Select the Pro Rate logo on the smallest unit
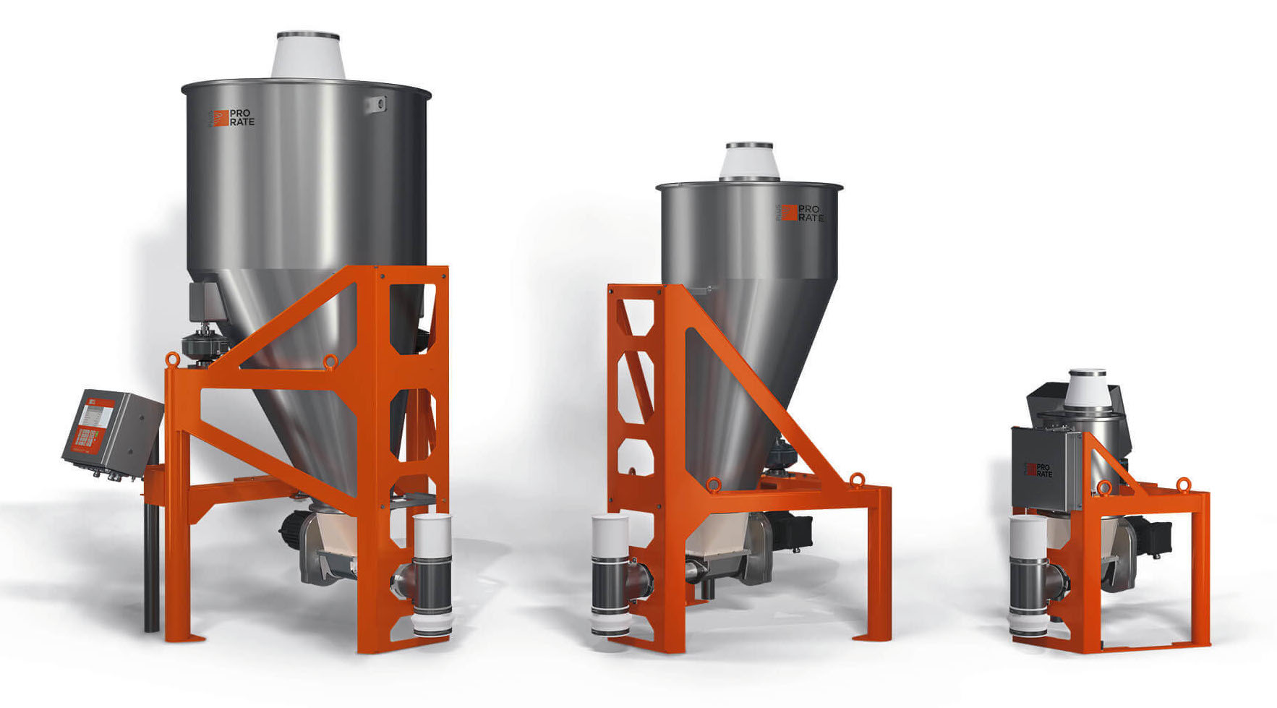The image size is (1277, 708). (1039, 470)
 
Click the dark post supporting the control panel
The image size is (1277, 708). (151, 571)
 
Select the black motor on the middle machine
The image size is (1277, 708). (795, 531)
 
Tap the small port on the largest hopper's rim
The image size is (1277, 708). (375, 104)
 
